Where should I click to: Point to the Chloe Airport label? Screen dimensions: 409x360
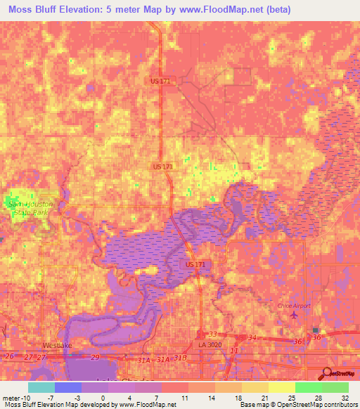pyautogui.click(x=293, y=305)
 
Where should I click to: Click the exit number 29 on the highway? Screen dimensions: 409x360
pyautogui.click(x=95, y=358)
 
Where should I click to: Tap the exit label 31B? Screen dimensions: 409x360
pyautogui.click(x=181, y=358)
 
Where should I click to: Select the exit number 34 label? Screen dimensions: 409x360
pyautogui.click(x=252, y=338)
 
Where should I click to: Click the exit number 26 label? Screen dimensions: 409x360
pyautogui.click(x=9, y=356)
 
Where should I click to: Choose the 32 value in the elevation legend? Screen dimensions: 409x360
pyautogui.click(x=345, y=398)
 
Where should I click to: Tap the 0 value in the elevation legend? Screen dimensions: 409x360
pyautogui.click(x=103, y=398)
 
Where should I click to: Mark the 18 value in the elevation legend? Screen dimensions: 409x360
pyautogui.click(x=238, y=398)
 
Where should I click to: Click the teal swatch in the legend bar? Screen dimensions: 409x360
pyautogui.click(x=41, y=387)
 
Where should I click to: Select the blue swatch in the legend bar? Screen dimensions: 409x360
pyautogui.click(x=68, y=387)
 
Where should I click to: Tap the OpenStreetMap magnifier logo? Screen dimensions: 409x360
pyautogui.click(x=326, y=375)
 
